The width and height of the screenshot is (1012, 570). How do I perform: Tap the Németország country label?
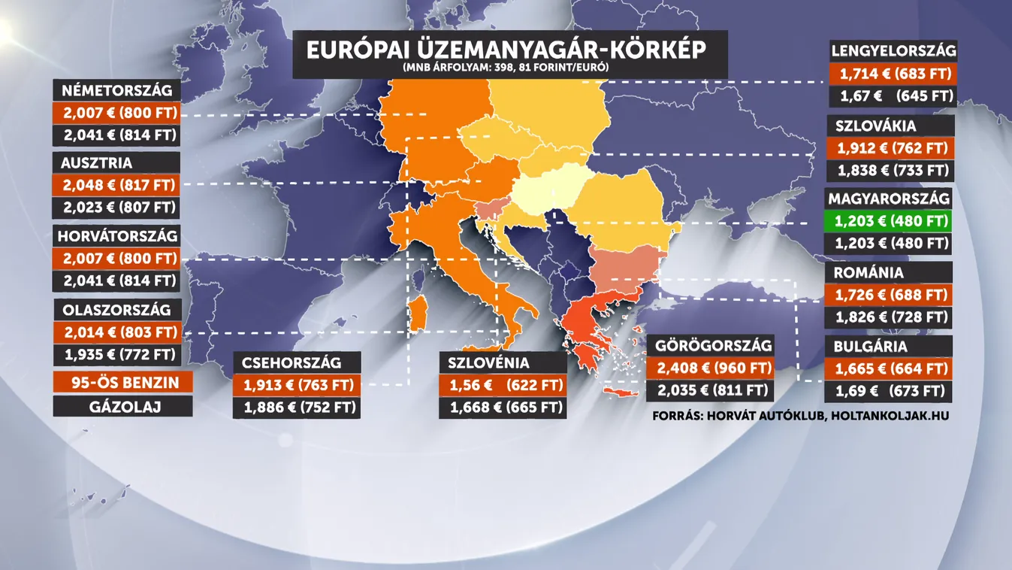(x=116, y=91)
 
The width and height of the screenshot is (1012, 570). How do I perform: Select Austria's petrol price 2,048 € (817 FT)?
(x=116, y=185)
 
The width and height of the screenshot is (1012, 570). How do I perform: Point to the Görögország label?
(x=713, y=347)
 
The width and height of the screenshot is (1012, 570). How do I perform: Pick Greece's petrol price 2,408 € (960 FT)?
(x=713, y=368)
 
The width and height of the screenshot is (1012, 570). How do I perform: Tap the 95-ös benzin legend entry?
(x=122, y=383)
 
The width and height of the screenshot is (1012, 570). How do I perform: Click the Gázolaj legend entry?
(x=122, y=406)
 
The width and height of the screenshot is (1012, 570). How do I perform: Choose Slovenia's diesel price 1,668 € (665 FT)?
(x=503, y=408)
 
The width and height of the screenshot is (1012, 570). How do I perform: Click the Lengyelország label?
(x=893, y=51)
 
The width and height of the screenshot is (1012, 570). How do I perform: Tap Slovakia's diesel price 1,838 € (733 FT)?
(x=890, y=171)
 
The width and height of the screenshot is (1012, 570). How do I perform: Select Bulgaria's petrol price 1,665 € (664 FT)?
(x=889, y=369)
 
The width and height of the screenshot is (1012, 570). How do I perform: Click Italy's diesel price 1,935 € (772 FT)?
(x=116, y=354)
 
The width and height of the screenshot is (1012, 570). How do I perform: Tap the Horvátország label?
(x=116, y=236)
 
